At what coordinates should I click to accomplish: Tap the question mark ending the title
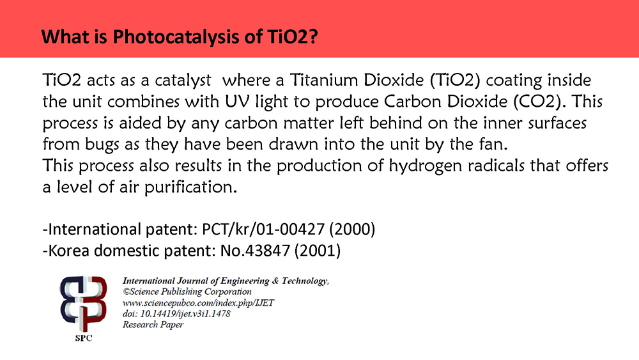(313, 36)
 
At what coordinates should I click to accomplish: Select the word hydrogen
(425, 166)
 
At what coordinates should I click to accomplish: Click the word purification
(190, 187)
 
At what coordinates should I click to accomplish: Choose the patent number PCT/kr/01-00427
(263, 229)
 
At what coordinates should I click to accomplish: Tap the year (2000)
(352, 229)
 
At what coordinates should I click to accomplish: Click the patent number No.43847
(255, 250)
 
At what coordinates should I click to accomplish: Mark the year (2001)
(317, 250)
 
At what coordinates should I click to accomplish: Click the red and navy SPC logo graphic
(84, 304)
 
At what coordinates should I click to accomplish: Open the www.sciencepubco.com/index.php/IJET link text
(198, 303)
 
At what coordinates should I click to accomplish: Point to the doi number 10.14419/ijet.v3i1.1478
(185, 314)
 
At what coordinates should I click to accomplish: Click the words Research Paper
(153, 325)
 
